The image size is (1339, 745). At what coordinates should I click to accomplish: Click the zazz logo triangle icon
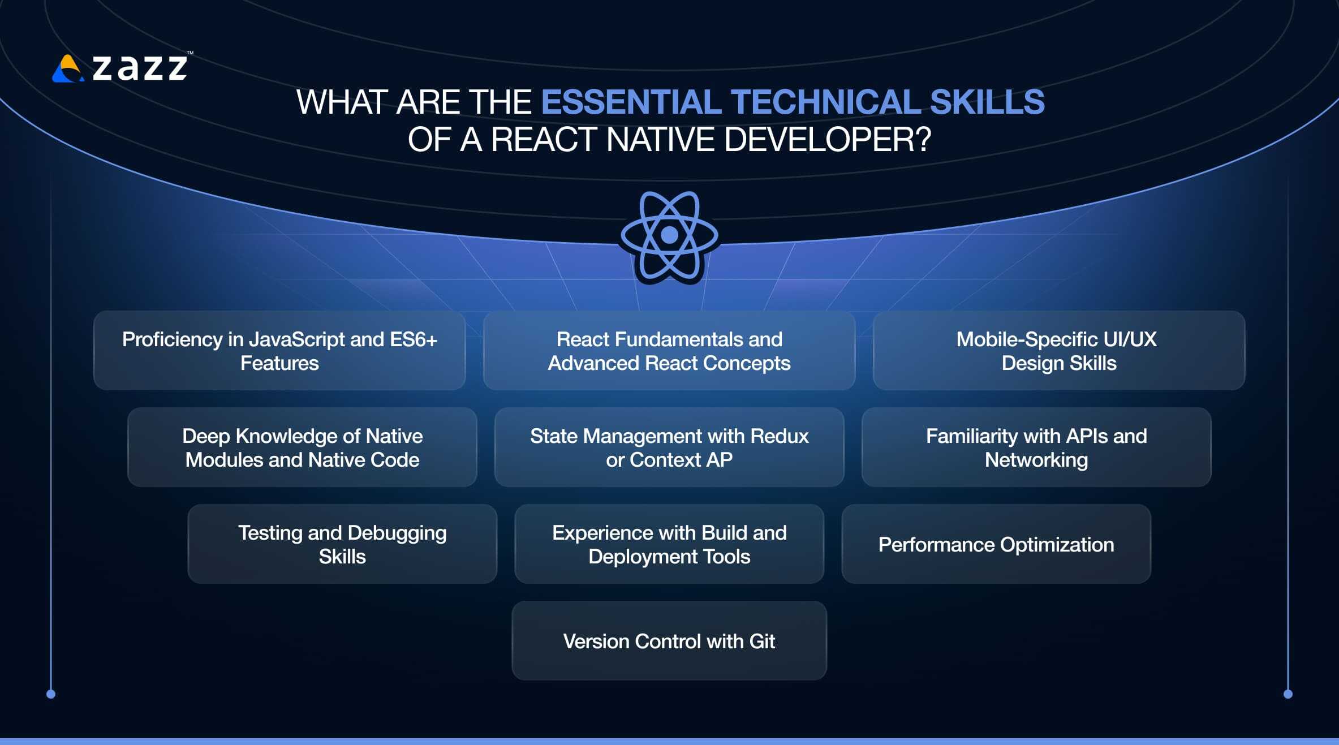click(x=68, y=68)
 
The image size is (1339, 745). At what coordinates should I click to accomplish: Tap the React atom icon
click(x=669, y=236)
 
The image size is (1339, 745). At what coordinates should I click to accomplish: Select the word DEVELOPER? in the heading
click(x=827, y=139)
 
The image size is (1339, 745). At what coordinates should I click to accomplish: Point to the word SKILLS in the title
click(x=987, y=102)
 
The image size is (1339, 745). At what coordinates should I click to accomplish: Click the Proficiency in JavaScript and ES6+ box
click(x=279, y=350)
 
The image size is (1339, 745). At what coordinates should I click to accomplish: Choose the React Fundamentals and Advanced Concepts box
click(x=669, y=350)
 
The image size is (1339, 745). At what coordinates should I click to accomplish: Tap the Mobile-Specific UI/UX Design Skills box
click(x=1059, y=350)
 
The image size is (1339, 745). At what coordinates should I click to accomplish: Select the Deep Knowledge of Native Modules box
click(x=302, y=447)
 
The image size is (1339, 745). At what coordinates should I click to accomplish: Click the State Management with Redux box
click(x=669, y=447)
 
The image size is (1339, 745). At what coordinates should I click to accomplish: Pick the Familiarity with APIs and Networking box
click(x=1036, y=447)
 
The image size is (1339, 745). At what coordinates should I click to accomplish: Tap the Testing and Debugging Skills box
click(x=342, y=544)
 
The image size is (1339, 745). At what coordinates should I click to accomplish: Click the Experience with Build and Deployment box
click(x=669, y=544)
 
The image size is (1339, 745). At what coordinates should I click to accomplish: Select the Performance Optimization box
click(x=996, y=544)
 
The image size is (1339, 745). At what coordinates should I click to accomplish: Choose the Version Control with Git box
click(x=669, y=640)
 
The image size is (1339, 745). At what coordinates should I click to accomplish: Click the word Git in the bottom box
click(x=762, y=641)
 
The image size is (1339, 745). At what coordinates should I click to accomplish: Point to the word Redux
click(x=780, y=436)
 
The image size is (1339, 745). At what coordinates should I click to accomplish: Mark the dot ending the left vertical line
click(x=51, y=694)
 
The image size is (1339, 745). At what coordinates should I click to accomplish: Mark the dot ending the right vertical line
click(x=1288, y=694)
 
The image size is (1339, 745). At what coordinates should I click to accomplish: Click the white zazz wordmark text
click(x=140, y=68)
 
